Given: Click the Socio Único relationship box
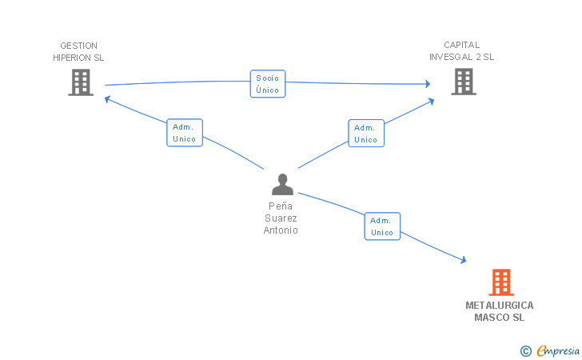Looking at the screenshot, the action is (x=268, y=83).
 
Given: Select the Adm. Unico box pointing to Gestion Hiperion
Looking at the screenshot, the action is (x=185, y=133).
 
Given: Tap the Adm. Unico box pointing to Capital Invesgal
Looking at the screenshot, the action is (x=366, y=134).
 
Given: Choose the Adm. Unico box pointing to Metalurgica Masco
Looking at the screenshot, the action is (x=382, y=226).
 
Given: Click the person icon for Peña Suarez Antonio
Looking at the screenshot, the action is (x=282, y=184).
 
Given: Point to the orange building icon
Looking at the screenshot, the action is (x=501, y=282).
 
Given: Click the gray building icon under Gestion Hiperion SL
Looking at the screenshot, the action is (x=81, y=82).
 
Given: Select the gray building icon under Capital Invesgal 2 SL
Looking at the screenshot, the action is (x=464, y=82).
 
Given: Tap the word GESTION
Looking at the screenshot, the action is (x=78, y=46).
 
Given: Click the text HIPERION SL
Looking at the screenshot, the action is (x=78, y=58).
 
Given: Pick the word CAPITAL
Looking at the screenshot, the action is (x=462, y=45).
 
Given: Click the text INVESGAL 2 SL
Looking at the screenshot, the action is (x=462, y=57).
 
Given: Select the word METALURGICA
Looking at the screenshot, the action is (x=500, y=306).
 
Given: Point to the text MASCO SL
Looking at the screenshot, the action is (x=500, y=318).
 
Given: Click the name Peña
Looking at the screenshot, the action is (x=281, y=206).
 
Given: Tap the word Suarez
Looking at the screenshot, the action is (x=281, y=218).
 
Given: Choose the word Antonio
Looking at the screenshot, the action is (x=281, y=230).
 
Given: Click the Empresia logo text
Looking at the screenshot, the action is (x=558, y=350).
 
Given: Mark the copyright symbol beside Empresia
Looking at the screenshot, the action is (x=526, y=351).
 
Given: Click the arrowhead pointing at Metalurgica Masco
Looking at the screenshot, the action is (x=464, y=260).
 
